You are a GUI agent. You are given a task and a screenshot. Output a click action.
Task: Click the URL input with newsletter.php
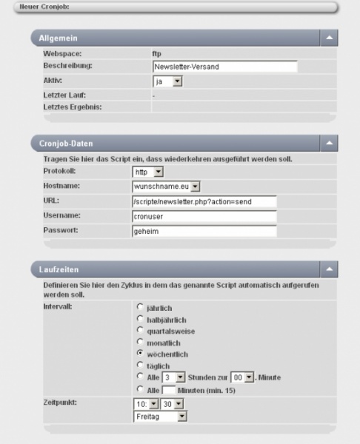click(204, 201)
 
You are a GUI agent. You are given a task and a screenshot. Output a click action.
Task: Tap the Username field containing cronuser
click(204, 216)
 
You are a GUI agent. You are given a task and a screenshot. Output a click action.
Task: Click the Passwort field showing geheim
click(204, 231)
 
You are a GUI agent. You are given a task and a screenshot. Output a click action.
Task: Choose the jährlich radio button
click(140, 306)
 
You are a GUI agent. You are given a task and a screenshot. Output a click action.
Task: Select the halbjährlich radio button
click(140, 318)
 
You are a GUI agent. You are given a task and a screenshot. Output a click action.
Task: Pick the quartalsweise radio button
click(140, 331)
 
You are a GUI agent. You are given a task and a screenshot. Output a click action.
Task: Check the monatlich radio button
click(140, 343)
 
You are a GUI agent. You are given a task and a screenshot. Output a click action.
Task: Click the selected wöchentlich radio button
click(140, 354)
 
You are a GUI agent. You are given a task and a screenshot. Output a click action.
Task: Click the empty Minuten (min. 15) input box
click(169, 390)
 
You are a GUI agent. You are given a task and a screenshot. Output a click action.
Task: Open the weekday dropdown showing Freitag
click(161, 417)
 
